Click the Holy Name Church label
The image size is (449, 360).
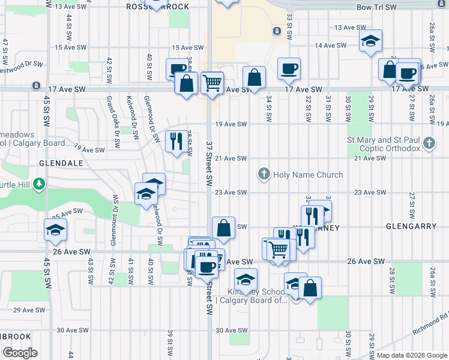(308, 175)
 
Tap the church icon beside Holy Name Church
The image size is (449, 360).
(263, 175)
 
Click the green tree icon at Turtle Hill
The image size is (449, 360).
(39, 182)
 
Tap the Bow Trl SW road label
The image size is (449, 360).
(376, 7)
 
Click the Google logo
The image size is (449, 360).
(19, 352)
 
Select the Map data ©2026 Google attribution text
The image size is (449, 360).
(411, 355)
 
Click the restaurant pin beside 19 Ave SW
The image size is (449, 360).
(176, 141)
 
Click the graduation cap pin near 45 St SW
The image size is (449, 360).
(55, 229)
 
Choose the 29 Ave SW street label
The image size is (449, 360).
(25, 310)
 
